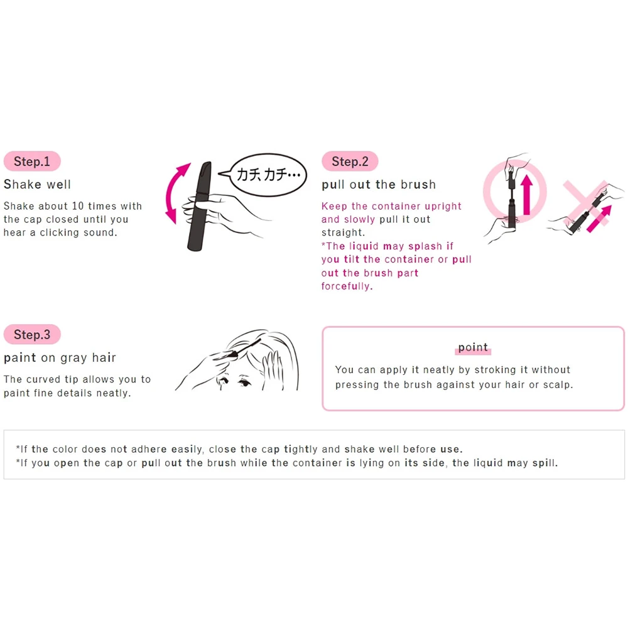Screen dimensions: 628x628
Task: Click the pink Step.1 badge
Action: pyautogui.click(x=32, y=161)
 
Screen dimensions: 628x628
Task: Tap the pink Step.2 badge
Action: pyautogui.click(x=350, y=161)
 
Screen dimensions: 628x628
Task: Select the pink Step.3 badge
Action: pyautogui.click(x=32, y=335)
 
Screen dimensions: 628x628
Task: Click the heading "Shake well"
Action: pyautogui.click(x=37, y=184)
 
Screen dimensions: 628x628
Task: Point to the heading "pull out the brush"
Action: pyautogui.click(x=379, y=184)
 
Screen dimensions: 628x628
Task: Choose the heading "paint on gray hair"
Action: pyautogui.click(x=60, y=358)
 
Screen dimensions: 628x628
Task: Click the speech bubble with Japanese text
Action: pyautogui.click(x=268, y=175)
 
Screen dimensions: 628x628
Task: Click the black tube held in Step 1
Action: pyautogui.click(x=200, y=206)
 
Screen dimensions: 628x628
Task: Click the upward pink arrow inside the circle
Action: pyautogui.click(x=527, y=193)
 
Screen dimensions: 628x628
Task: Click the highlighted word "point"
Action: pyautogui.click(x=473, y=347)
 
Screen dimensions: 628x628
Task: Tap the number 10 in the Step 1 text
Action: pyautogui.click(x=78, y=206)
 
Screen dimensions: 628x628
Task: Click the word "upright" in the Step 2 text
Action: pyautogui.click(x=443, y=206)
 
